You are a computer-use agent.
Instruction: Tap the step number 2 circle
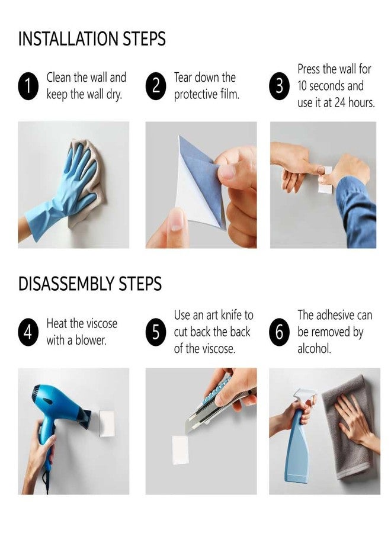tap(156, 86)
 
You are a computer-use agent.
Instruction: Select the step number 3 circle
tap(280, 86)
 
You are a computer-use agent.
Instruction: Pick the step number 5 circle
tap(156, 332)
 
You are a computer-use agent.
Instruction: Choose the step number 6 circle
tap(280, 332)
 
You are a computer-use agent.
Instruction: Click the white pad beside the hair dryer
tap(107, 420)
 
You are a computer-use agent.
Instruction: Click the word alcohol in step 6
tap(314, 349)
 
